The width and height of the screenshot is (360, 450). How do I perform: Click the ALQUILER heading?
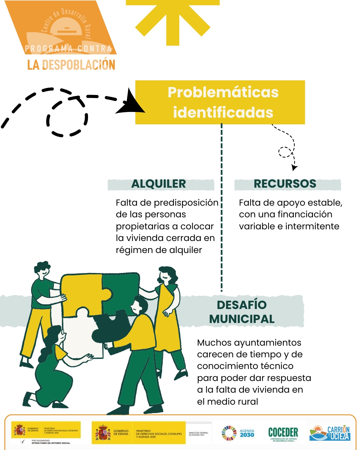coord(159,184)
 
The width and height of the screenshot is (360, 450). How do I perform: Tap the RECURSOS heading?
coord(285,184)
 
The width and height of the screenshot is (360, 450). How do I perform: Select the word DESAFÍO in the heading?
coord(242,305)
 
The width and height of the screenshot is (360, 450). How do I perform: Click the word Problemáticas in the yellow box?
coord(223,92)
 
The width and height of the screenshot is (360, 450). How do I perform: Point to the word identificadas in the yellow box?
coord(223,112)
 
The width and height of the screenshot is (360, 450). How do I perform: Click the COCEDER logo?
coord(283,433)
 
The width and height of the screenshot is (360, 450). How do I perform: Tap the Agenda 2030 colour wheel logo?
coord(229,433)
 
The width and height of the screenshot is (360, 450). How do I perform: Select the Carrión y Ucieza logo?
coord(330,433)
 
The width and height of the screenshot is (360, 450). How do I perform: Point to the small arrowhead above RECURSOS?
coord(294,167)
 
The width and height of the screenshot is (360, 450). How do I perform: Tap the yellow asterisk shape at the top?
coord(172,20)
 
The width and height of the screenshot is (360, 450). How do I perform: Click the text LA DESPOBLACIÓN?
coord(71,65)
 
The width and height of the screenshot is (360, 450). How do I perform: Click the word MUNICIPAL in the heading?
coord(242,319)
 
